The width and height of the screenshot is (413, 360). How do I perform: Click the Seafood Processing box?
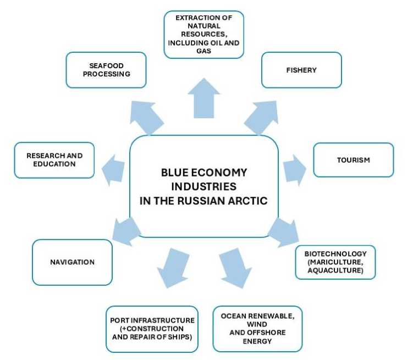[x=106, y=70]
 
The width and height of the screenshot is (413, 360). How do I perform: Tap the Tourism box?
[x=353, y=160]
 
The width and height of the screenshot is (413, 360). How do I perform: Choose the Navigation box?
[x=72, y=262]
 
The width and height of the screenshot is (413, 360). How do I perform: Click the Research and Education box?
[x=54, y=160]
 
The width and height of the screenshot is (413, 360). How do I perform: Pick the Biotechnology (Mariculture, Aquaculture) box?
[x=335, y=262]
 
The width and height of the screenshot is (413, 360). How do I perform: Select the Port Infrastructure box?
[x=151, y=328]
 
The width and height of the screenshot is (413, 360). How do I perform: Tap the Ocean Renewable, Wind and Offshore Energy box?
[x=257, y=328]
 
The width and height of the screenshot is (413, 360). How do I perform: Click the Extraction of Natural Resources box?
[x=203, y=34]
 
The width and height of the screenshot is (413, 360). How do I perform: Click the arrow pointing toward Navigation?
[x=125, y=229]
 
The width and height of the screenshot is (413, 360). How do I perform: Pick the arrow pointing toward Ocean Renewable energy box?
[x=235, y=267]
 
